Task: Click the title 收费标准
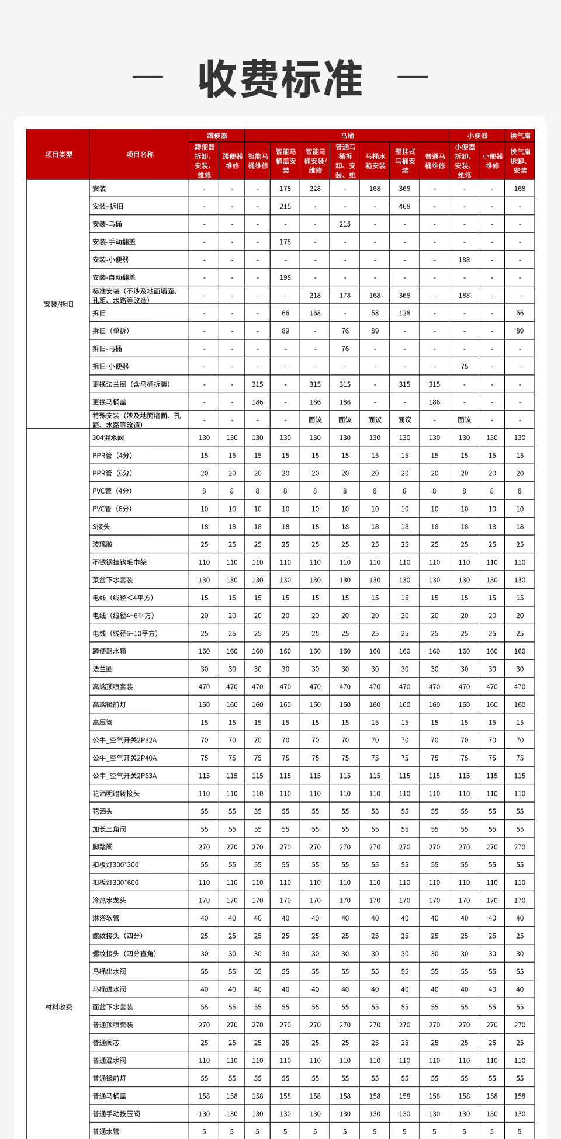280,79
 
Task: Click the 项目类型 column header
58,155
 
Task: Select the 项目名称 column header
140,155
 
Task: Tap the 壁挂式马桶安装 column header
405,161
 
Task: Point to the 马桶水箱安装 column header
375,161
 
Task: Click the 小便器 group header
477,136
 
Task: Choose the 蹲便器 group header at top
217,136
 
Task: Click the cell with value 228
315,189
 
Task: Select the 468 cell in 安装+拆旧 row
404,206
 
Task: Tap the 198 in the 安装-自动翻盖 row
285,277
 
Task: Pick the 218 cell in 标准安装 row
315,296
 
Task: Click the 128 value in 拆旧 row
404,313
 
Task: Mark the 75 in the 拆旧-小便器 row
464,367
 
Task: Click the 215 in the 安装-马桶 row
345,224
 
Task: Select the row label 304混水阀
108,438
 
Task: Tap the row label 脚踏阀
102,847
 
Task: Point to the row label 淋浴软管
106,918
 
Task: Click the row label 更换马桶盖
109,402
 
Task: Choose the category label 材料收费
58,1007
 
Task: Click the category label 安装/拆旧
58,304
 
